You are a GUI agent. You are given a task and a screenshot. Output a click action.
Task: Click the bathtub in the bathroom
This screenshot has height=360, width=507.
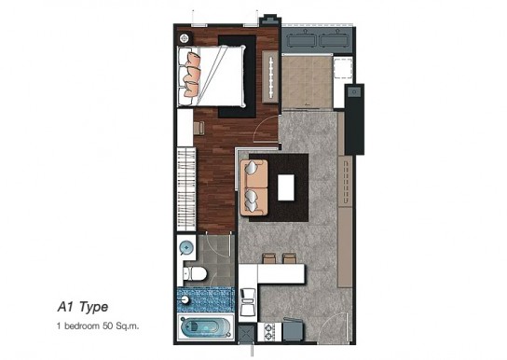[x=206, y=327]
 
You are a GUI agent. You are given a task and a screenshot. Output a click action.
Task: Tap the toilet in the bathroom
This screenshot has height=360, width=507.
[x=195, y=274]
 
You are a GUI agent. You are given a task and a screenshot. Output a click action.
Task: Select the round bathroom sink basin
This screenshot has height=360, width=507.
[x=186, y=248]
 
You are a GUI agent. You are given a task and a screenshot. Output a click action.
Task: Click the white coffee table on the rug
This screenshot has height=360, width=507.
[x=286, y=187]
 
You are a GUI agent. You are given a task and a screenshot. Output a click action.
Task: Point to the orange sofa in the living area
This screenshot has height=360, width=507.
[x=253, y=187]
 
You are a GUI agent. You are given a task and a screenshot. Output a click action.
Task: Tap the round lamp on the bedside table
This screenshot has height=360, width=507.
[x=185, y=38]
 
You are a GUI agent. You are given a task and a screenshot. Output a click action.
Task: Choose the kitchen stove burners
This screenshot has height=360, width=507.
[x=269, y=332]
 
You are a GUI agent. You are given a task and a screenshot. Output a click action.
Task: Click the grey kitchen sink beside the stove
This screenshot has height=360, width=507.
[x=294, y=330]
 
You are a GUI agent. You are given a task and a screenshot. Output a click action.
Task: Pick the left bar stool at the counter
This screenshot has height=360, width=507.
[x=269, y=258]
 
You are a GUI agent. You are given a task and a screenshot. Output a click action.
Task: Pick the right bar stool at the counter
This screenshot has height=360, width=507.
[x=289, y=258]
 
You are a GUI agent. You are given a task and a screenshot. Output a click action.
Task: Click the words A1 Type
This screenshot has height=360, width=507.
[x=83, y=307]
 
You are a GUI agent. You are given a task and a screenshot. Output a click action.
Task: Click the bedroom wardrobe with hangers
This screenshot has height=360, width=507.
[x=186, y=189]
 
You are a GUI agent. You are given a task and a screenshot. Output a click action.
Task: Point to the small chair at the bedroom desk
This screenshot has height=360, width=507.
[x=199, y=128]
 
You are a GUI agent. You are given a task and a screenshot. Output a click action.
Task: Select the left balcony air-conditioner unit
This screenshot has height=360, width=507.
[x=301, y=40]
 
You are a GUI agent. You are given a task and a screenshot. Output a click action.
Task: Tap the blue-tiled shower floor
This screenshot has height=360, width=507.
[x=206, y=299]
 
